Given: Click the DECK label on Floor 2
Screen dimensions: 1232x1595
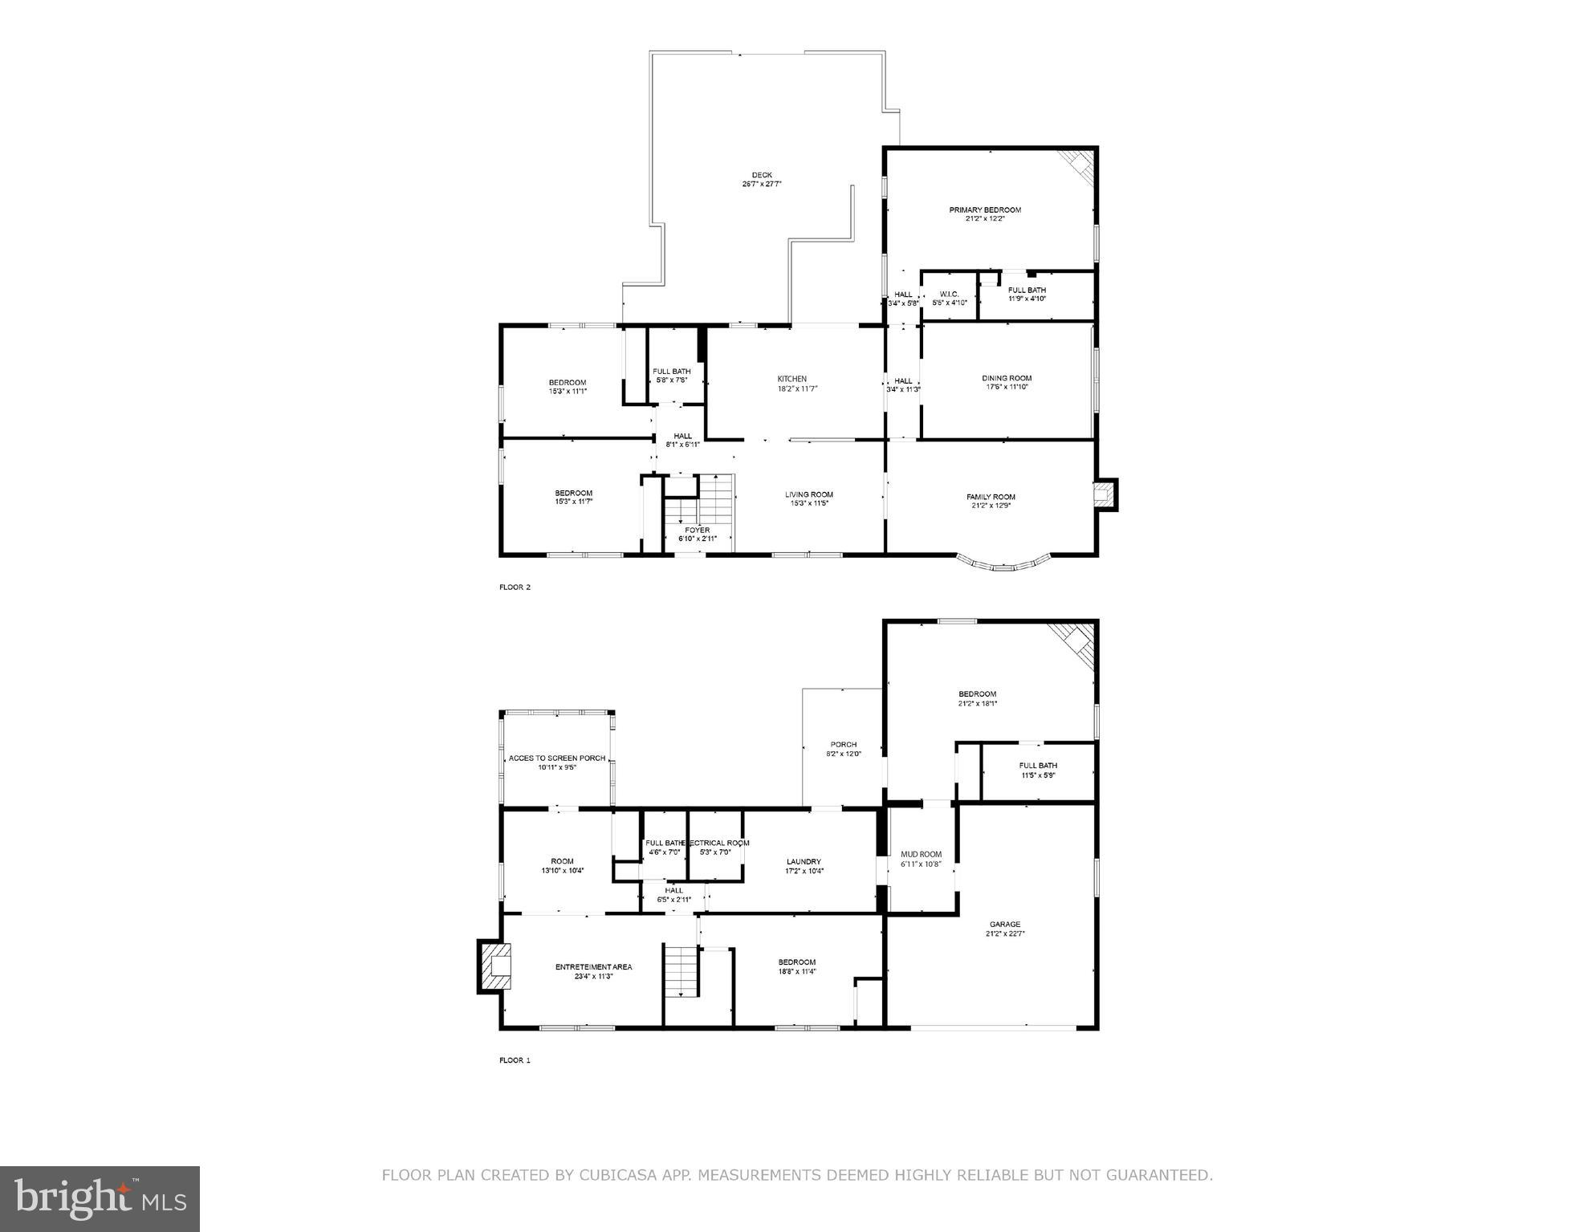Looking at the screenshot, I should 762,175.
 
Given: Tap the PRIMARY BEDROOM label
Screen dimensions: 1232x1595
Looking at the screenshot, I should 985,210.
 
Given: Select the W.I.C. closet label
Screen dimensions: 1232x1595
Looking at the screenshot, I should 949,295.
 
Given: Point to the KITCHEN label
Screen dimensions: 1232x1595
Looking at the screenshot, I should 791,379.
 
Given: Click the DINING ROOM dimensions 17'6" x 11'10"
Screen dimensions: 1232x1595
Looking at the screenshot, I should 1007,387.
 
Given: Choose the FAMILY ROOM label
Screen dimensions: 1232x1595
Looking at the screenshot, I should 991,497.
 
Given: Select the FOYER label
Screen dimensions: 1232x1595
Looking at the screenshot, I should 697,531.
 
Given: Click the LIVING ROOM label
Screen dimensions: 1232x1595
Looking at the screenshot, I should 808,494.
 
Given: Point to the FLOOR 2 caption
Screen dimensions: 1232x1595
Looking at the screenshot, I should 515,587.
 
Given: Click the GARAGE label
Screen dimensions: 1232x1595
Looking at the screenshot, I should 1004,925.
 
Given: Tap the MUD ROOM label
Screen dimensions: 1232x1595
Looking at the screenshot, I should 921,854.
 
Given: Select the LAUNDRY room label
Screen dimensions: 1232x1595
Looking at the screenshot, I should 804,862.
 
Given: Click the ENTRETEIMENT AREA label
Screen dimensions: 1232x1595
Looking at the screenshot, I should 593,967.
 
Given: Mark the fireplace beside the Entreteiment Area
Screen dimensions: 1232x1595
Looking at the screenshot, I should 493,966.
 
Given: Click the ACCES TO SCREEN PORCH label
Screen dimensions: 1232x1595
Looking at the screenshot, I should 557,758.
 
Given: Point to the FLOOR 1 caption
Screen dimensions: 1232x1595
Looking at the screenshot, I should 515,1060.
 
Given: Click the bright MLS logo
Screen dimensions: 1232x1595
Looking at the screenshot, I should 100,1199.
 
